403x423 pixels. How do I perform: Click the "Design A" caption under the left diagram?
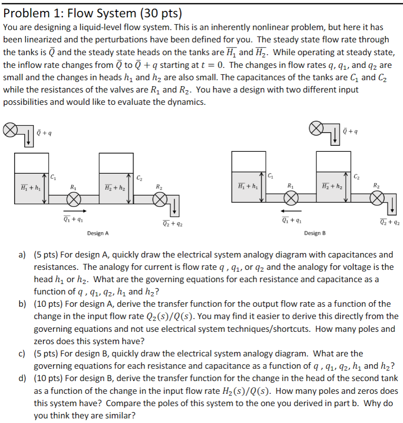pos(98,233)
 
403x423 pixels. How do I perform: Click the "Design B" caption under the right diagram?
pos(315,233)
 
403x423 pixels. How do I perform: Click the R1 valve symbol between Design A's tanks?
pos(74,199)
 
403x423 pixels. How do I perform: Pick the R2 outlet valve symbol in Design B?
pos(377,198)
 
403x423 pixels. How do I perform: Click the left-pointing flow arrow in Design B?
pos(291,211)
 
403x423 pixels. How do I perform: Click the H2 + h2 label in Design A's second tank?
pos(114,187)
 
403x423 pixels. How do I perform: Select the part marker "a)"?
pos(22,255)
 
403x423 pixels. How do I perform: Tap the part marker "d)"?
pos(22,378)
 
